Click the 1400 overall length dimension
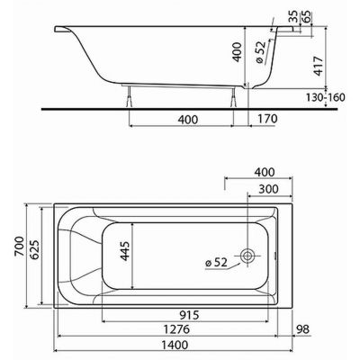click(x=175, y=345)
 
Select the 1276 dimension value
click(x=176, y=329)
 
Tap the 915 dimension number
click(x=189, y=315)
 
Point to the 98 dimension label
click(x=302, y=329)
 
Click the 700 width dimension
click(x=19, y=246)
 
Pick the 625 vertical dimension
click(x=34, y=249)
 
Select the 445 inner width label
click(x=124, y=251)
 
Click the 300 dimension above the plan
click(x=268, y=189)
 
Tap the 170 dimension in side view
click(x=267, y=119)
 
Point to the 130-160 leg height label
click(x=326, y=97)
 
